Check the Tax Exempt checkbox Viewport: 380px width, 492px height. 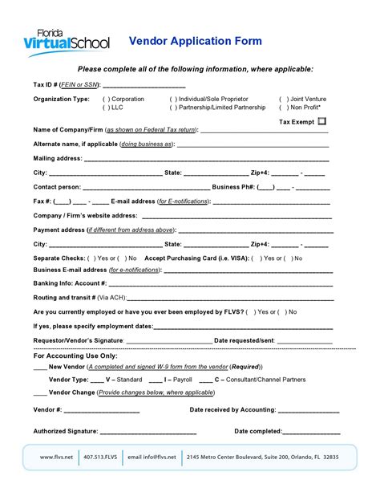coord(321,121)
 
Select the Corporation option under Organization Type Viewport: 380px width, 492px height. coord(107,99)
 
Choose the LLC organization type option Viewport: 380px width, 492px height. coord(107,107)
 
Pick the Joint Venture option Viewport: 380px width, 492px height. coord(283,99)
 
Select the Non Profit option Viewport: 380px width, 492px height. coord(283,107)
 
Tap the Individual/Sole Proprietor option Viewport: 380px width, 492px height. coord(172,99)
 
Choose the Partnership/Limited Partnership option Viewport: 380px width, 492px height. coord(172,107)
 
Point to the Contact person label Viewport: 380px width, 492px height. coord(57,186)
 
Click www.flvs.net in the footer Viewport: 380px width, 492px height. coord(57,457)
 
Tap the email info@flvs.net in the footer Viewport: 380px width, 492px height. coord(152,457)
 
